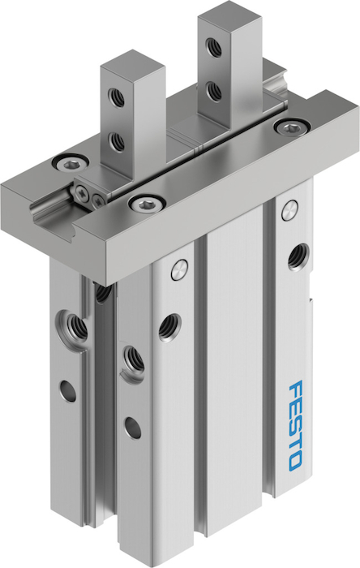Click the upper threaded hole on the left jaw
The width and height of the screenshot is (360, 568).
point(116,97)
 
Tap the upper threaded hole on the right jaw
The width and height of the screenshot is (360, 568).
point(213,47)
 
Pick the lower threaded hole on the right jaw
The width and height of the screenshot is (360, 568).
point(213,92)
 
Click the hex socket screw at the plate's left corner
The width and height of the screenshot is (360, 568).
point(71,164)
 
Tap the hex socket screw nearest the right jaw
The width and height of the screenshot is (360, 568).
point(292,127)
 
